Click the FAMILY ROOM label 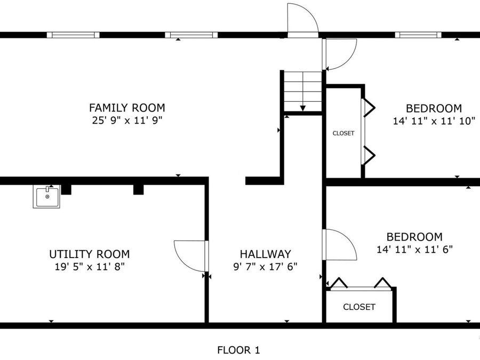click(x=127, y=108)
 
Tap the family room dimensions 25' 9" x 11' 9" click(x=127, y=120)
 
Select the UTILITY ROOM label click(x=90, y=254)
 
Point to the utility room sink click(x=46, y=196)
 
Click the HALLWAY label click(x=265, y=254)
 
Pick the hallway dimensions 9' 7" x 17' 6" click(x=265, y=266)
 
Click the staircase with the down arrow click(x=302, y=91)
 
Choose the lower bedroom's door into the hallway click(x=339, y=245)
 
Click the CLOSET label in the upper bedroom click(x=343, y=133)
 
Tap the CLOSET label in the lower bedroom click(x=359, y=307)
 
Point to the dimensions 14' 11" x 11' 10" click(x=434, y=121)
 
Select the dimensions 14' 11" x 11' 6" click(x=414, y=249)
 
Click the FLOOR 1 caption click(x=238, y=350)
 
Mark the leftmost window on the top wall click(x=73, y=35)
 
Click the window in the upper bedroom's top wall click(x=418, y=35)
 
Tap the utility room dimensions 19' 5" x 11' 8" click(x=90, y=266)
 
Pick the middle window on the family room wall click(x=191, y=35)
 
